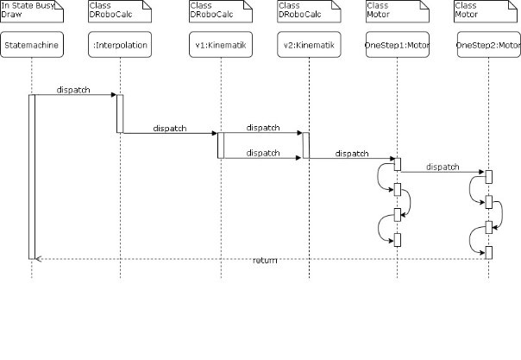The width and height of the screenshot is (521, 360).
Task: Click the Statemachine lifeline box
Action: [32, 45]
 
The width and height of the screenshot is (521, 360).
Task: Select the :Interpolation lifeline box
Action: [121, 45]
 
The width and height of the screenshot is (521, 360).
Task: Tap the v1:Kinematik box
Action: [221, 45]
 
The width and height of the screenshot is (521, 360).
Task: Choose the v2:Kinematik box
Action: [308, 45]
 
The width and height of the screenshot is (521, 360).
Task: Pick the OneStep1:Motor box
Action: [398, 45]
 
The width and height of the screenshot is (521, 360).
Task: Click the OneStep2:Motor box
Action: [489, 45]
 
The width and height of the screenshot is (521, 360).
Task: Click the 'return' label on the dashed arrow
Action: [265, 260]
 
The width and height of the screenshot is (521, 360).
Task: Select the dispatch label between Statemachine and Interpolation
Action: [73, 90]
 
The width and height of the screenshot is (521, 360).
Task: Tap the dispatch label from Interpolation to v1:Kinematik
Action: [170, 128]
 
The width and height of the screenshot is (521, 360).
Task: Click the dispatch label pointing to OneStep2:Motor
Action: [442, 167]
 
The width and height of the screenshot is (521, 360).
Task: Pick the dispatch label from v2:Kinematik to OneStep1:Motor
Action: [351, 153]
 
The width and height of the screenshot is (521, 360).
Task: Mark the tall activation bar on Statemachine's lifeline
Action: [32, 176]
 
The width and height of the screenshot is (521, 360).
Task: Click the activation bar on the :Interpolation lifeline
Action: [120, 113]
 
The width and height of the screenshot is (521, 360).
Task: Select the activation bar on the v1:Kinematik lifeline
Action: [221, 145]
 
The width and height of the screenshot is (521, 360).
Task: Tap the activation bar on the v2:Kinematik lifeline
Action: [306, 145]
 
